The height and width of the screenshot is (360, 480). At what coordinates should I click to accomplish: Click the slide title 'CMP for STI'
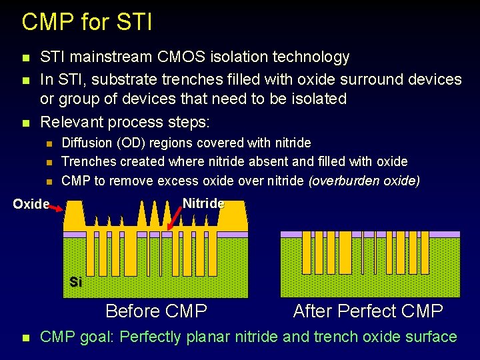coord(87,22)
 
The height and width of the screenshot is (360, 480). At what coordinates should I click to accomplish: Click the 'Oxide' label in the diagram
coord(31,204)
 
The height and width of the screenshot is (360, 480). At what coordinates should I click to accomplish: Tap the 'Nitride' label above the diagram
coord(203,203)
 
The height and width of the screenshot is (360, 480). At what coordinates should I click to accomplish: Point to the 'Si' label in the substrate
coord(76,282)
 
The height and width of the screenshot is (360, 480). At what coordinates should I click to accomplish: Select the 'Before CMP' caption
coord(156,311)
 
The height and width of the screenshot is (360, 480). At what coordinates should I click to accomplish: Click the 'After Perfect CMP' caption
coord(368,311)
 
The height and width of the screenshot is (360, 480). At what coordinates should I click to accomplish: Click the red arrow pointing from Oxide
coord(57,209)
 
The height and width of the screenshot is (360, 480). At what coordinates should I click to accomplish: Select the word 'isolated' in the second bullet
coord(313,99)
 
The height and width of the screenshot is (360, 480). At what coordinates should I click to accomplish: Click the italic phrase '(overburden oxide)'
coord(364,181)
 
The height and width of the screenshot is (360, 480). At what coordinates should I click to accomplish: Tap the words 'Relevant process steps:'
coord(125,122)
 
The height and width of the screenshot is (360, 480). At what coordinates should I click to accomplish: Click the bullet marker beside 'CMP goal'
coord(25,338)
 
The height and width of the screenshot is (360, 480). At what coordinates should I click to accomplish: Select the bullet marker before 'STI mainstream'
coord(25,58)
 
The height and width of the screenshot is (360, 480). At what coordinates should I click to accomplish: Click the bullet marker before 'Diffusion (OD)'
coord(48,143)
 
